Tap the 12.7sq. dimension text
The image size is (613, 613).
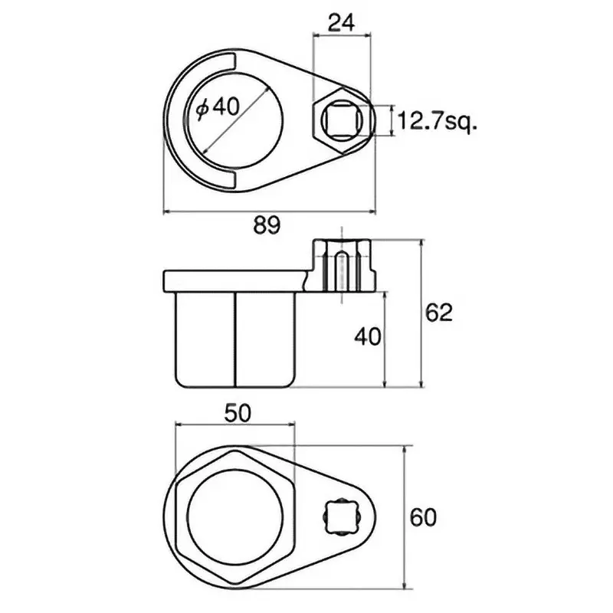(x=438, y=120)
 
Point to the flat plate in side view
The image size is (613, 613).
(x=230, y=280)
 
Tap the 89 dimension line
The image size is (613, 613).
(x=272, y=211)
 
